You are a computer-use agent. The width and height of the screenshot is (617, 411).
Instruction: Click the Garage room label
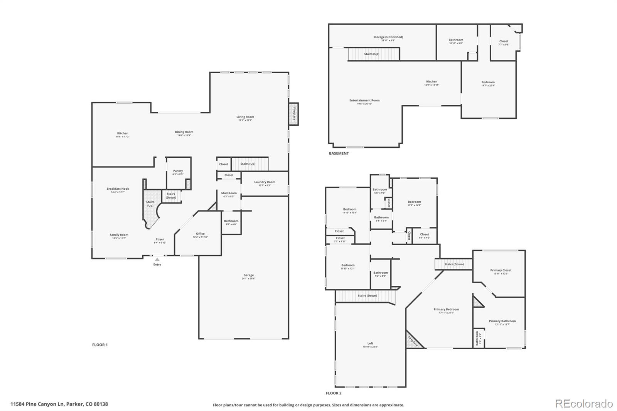click(x=248, y=277)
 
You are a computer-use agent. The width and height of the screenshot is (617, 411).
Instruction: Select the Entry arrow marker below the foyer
click(x=157, y=260)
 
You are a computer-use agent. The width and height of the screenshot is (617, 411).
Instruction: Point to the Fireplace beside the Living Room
click(x=294, y=114)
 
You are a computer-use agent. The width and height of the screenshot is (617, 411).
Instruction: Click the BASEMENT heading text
click(x=339, y=153)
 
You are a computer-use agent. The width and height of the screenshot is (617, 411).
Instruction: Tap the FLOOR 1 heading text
click(x=100, y=345)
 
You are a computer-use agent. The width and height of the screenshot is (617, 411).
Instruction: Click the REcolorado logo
click(x=583, y=404)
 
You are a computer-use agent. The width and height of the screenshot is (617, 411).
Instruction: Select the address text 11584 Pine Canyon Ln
click(x=59, y=404)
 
